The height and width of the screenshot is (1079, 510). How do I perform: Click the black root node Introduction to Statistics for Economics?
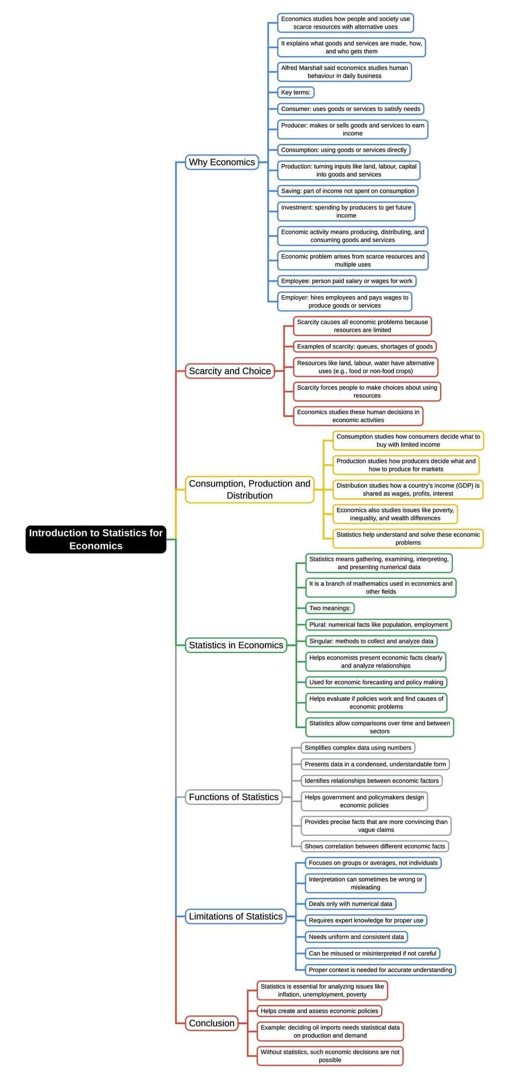[x=96, y=539]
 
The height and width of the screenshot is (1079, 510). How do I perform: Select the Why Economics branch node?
[x=222, y=162]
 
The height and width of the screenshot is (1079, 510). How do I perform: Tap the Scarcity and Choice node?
[x=230, y=371]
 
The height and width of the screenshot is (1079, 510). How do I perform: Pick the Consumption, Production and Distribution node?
[x=250, y=489]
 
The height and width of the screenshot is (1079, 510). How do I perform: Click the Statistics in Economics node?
[x=236, y=645]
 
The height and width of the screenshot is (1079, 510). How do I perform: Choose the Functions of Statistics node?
[x=234, y=797]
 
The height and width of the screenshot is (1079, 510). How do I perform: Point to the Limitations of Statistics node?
[x=236, y=916]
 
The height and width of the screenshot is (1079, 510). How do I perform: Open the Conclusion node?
[x=212, y=1023]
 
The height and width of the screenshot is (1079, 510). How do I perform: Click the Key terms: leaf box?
[x=296, y=93]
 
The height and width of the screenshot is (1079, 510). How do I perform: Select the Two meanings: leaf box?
[x=330, y=608]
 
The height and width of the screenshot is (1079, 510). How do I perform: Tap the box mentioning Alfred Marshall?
[x=344, y=72]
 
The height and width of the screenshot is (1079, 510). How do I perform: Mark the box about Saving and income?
[x=348, y=191]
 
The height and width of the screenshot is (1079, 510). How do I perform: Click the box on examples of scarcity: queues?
[x=365, y=347]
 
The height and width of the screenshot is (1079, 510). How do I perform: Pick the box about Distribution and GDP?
[x=408, y=489]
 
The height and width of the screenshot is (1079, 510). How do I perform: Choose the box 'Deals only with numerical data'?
[x=350, y=904]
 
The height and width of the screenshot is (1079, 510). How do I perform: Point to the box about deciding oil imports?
[x=330, y=1031]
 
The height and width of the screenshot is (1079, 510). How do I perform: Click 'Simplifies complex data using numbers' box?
[x=358, y=748]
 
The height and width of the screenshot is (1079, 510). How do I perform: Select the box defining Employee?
[x=346, y=281]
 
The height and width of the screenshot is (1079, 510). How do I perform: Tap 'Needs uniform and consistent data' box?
[x=356, y=937]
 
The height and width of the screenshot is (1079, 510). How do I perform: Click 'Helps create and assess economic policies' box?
[x=319, y=1011]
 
